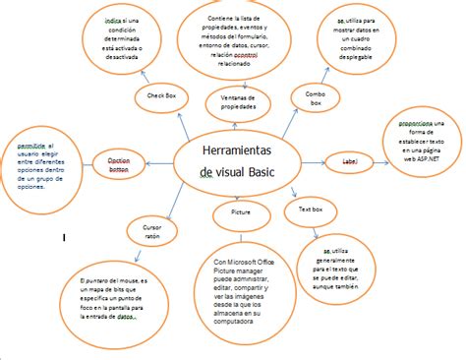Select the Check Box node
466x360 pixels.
pos(162,94)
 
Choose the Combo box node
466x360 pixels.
pos(316,97)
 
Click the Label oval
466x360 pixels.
pos(349,160)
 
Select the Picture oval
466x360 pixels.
pos(241,211)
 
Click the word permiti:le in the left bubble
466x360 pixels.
pos(32,145)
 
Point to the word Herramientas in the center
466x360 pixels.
pos(236,150)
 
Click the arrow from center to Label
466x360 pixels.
pos(313,160)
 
